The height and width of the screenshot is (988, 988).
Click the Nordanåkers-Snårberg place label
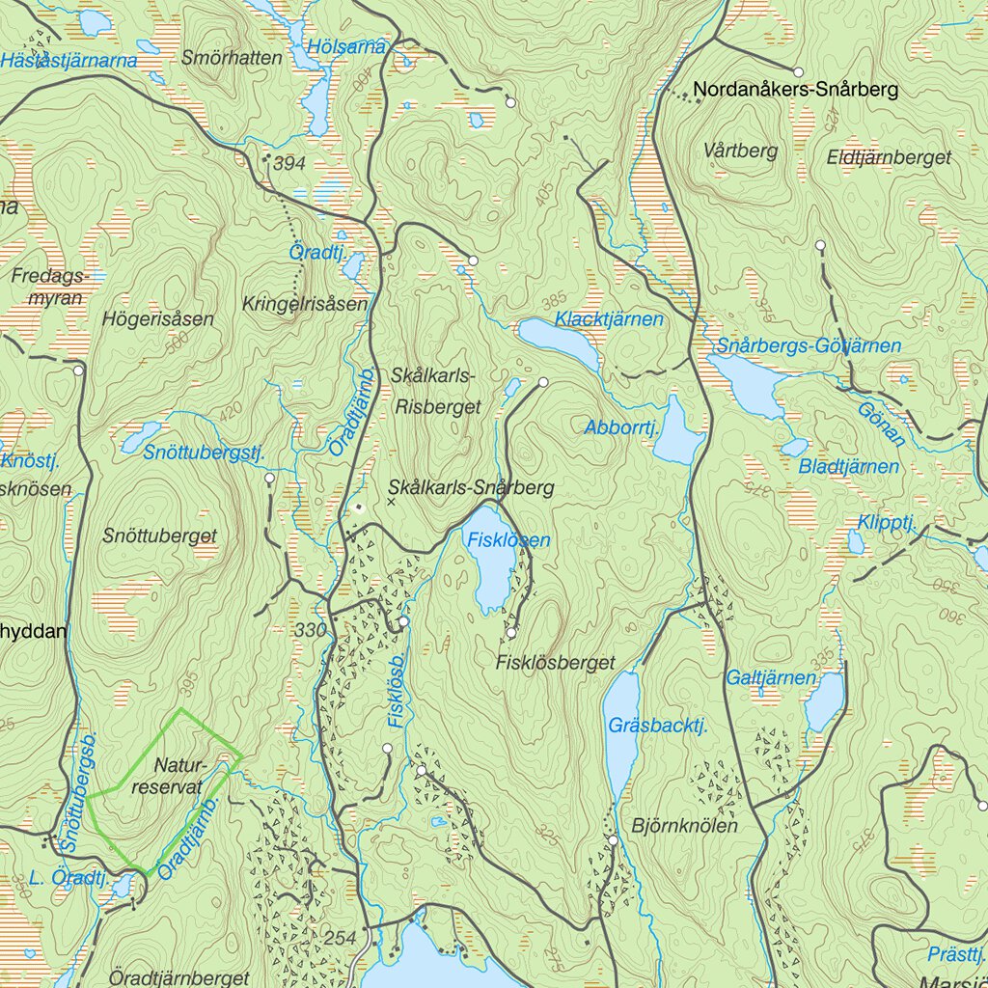(x=795, y=91)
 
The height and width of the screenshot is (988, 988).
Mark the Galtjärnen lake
(x=824, y=701)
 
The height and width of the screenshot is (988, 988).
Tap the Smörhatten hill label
(x=232, y=58)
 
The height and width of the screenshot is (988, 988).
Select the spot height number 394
(x=288, y=164)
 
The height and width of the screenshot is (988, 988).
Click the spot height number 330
(x=310, y=630)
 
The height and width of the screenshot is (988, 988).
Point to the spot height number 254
(x=341, y=939)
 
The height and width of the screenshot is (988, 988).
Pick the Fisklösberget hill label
(x=555, y=663)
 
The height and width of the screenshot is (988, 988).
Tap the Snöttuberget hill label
(x=160, y=536)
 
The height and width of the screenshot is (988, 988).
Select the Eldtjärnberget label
(x=889, y=157)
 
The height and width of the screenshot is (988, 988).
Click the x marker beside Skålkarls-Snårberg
(x=391, y=501)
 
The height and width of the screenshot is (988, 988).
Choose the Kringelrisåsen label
(x=306, y=304)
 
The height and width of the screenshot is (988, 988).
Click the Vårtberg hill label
(x=740, y=151)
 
